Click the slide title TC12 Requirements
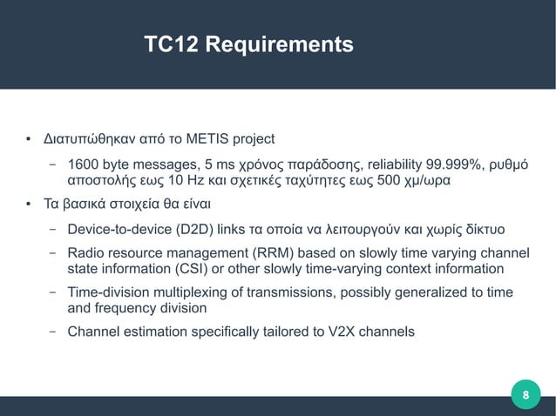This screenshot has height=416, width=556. pyautogui.click(x=248, y=44)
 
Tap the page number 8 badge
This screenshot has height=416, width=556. pyautogui.click(x=525, y=397)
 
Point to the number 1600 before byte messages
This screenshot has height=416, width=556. pyautogui.click(x=83, y=164)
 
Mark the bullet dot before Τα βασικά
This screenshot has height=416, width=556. pyautogui.click(x=28, y=205)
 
